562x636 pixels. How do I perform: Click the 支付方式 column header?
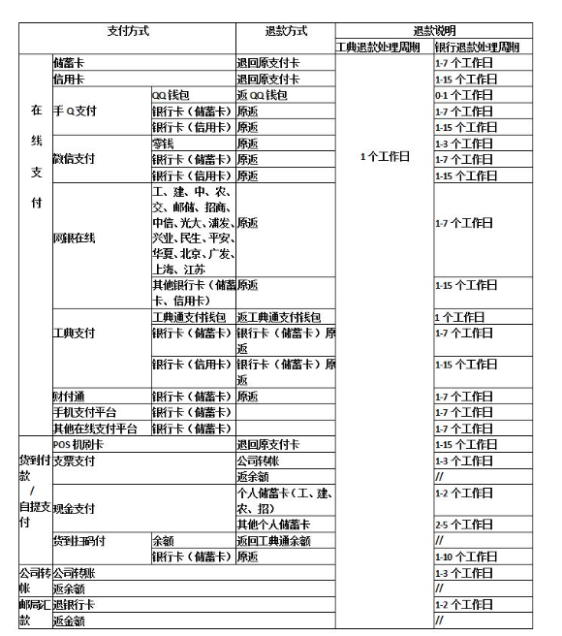click(128, 31)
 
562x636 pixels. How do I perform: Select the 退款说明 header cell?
click(434, 31)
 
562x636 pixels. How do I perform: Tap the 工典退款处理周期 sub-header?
click(384, 47)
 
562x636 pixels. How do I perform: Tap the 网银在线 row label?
click(75, 238)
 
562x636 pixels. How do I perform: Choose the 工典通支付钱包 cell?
click(190, 317)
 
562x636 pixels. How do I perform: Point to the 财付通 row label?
click(69, 397)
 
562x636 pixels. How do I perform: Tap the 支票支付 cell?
click(75, 461)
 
